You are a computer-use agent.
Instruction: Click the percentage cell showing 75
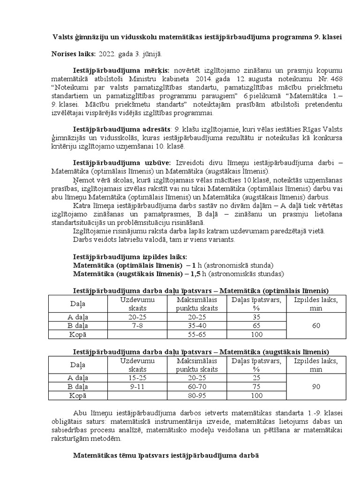[256, 387]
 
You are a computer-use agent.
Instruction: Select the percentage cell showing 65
[256, 326]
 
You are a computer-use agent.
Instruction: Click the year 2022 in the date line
[106, 54]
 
